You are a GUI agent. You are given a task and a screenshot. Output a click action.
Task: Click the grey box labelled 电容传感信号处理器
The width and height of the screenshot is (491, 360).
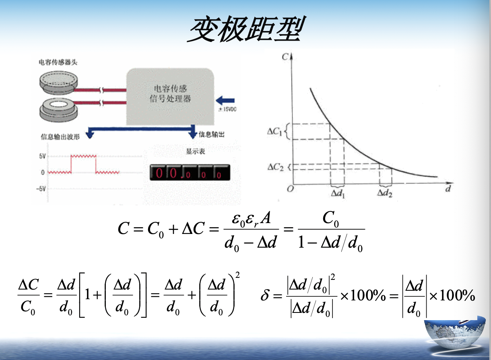pos(171,96)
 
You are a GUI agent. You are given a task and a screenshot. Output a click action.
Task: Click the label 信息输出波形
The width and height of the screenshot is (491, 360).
pos(60,137)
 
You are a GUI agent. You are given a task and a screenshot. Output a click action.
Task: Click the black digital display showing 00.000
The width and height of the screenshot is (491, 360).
pos(190,173)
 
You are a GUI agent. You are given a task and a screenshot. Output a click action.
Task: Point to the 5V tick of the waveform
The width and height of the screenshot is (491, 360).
pos(42,156)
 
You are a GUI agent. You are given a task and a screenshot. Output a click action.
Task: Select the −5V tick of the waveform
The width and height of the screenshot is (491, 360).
pos(41,189)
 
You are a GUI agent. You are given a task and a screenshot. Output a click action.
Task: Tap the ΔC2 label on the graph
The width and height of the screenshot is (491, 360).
pos(275,167)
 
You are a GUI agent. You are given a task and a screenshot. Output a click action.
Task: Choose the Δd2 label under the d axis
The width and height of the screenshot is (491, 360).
pos(385,193)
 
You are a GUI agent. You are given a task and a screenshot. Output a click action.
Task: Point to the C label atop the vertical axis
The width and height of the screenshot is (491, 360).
pos(285,56)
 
